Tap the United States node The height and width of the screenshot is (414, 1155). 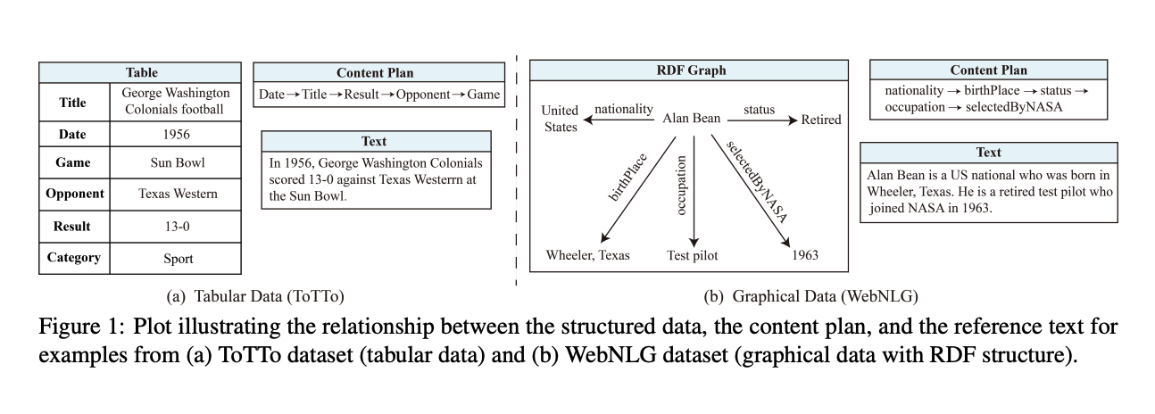(x=561, y=119)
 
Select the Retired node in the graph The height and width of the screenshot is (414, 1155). (x=821, y=120)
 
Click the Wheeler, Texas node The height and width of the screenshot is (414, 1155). (x=588, y=255)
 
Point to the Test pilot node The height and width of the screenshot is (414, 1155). (x=692, y=255)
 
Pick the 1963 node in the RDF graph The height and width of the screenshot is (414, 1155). (x=805, y=255)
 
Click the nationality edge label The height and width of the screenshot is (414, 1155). (x=624, y=110)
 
